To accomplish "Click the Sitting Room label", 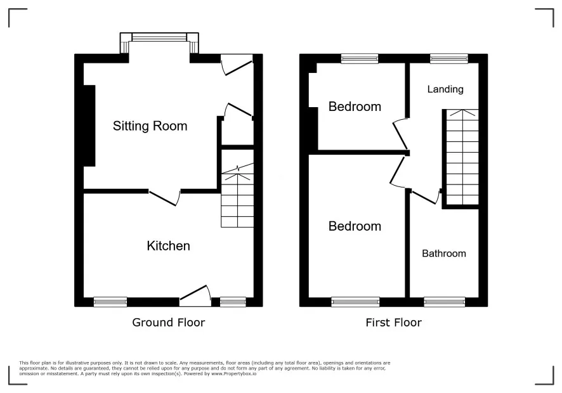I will [x=150, y=126].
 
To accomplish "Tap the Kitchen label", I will [x=168, y=246].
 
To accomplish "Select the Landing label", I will [x=445, y=89].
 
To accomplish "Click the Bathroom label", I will [x=444, y=254].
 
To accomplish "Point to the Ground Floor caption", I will [x=168, y=323].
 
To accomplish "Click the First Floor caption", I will [x=393, y=323].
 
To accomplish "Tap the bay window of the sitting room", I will [x=160, y=38].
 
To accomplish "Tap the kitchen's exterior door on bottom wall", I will [x=195, y=295].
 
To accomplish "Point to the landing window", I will [x=448, y=58].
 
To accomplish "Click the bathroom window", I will [x=444, y=302].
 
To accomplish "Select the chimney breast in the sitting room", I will [x=89, y=126].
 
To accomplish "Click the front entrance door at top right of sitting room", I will [x=236, y=64].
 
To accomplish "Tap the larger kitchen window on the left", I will [x=110, y=302].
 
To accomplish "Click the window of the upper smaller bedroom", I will [x=359, y=58].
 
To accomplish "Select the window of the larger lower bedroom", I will [x=355, y=302].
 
